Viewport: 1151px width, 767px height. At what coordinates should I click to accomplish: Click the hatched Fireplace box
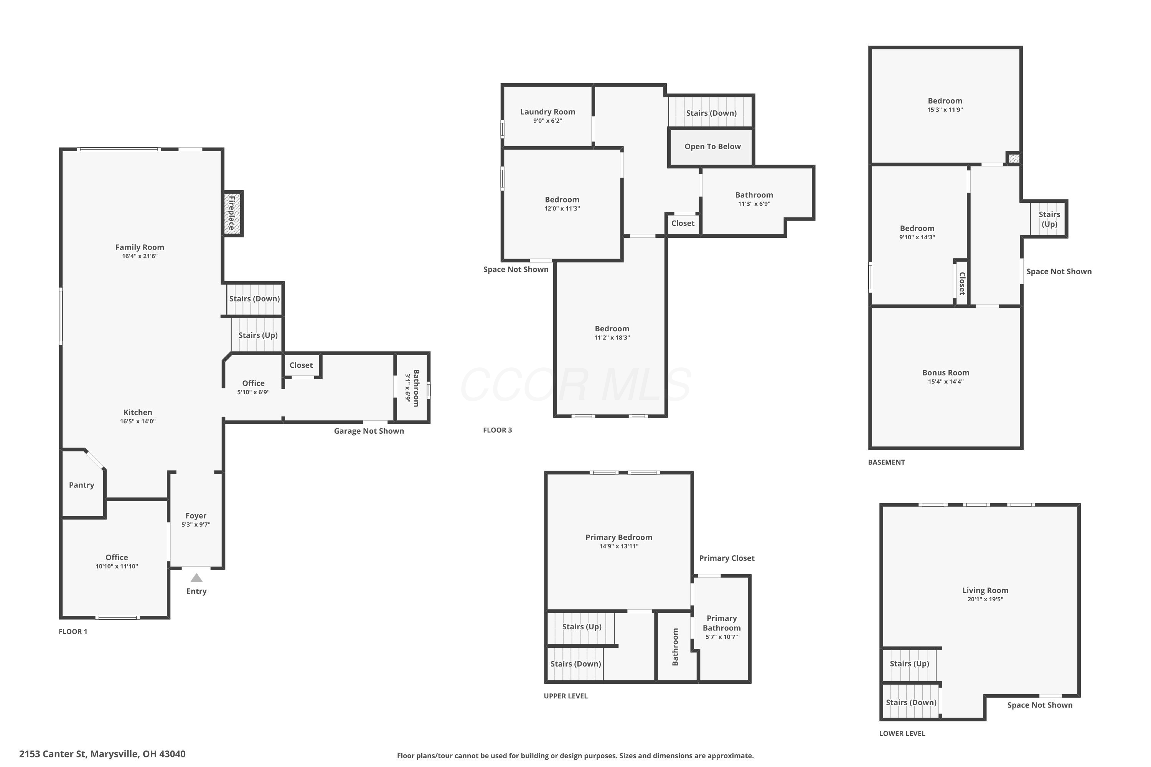[x=233, y=213]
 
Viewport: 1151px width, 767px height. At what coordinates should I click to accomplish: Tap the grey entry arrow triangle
[x=196, y=578]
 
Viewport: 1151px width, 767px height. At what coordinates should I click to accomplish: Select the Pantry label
[x=81, y=485]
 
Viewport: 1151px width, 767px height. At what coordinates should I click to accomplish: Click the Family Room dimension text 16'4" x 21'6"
[x=140, y=256]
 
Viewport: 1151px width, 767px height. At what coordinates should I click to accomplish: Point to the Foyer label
[x=196, y=515]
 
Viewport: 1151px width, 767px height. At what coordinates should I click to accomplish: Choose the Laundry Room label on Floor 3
[x=547, y=112]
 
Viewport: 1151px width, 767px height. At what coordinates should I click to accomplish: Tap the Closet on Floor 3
[x=683, y=224]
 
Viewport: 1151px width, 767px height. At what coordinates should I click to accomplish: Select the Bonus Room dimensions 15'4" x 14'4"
[x=945, y=382]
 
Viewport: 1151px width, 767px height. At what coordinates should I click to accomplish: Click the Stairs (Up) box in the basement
[x=1049, y=219]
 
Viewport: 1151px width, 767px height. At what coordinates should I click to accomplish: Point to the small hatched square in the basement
[x=1014, y=158]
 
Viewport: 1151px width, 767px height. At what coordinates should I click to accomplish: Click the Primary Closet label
[x=727, y=558]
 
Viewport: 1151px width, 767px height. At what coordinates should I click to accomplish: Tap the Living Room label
[x=985, y=591]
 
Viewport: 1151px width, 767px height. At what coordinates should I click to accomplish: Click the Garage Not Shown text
[x=369, y=431]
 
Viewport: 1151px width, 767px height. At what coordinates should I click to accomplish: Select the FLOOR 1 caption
[x=73, y=632]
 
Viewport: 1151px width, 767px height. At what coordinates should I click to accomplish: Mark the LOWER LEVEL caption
[x=902, y=733]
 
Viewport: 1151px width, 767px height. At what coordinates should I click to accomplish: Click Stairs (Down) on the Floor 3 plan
[x=711, y=113]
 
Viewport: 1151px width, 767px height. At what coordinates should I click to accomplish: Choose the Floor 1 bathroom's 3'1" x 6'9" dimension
[x=407, y=388]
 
